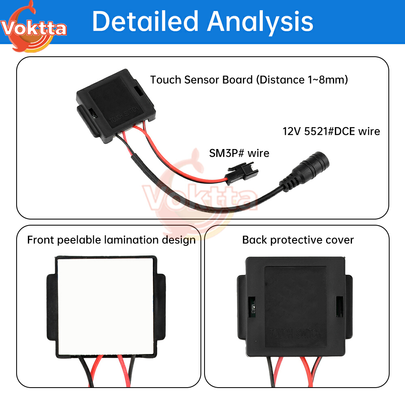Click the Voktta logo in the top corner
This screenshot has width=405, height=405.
click(x=33, y=27)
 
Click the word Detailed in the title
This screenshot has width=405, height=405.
click(x=145, y=21)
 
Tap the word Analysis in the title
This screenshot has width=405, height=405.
click(x=260, y=23)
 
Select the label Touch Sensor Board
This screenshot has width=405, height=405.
click(x=201, y=80)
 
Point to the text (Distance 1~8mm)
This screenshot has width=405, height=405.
click(x=302, y=80)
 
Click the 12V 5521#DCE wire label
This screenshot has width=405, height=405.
click(x=331, y=132)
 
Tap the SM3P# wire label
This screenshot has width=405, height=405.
click(x=239, y=153)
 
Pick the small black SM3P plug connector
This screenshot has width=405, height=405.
click(x=243, y=173)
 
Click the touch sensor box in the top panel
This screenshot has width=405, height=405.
click(x=116, y=105)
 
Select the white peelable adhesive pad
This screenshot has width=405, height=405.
click(x=105, y=307)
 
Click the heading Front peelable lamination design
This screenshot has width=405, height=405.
click(x=111, y=240)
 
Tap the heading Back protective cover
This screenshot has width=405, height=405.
click(x=298, y=240)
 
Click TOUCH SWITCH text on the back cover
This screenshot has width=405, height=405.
click(x=296, y=333)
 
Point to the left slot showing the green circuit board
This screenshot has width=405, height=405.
click(x=252, y=306)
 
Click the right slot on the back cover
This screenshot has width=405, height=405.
click(x=339, y=306)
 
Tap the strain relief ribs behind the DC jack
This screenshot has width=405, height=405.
click(x=288, y=182)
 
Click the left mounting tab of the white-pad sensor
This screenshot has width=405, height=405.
click(x=51, y=307)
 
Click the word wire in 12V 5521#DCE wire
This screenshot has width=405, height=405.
click(x=369, y=132)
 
